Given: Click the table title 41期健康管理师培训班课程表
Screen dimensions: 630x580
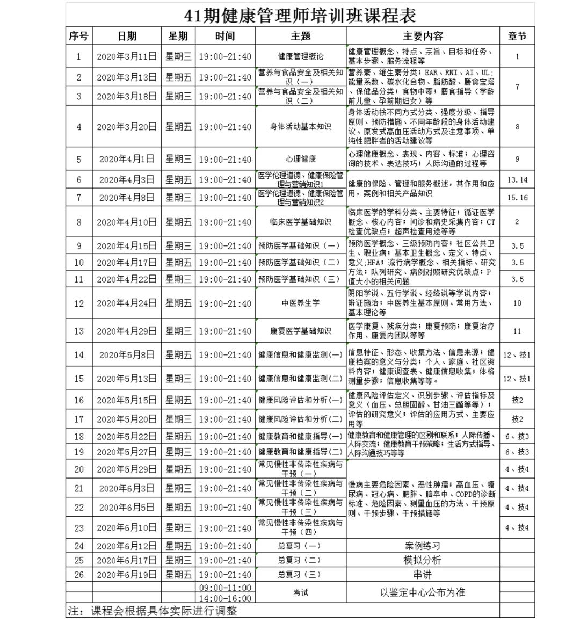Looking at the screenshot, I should (x=300, y=15).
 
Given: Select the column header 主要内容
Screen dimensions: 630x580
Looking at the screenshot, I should (x=423, y=36).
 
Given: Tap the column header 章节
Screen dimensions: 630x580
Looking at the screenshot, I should (x=517, y=36).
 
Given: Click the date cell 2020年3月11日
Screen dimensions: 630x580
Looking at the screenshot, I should (x=127, y=56).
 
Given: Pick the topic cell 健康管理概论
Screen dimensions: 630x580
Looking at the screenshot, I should (x=300, y=56).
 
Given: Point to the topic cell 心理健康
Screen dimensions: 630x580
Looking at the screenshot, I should (x=300, y=159).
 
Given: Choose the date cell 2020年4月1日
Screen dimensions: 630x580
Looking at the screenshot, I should (x=127, y=159).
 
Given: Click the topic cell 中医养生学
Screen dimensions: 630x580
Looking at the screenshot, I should (x=300, y=303).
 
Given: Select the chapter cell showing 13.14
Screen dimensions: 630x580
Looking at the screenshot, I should (x=517, y=180).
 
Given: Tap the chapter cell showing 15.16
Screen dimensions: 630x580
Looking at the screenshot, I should (x=517, y=198).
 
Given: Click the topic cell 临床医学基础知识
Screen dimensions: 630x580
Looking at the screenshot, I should (x=300, y=222).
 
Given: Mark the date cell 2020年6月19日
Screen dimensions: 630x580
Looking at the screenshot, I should (x=127, y=574).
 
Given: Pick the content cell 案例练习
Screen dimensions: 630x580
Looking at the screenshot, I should (x=423, y=546).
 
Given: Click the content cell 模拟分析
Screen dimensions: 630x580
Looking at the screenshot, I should (x=423, y=560).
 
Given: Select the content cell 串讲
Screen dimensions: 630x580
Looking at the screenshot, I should (x=423, y=574).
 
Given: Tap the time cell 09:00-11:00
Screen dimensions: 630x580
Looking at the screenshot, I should (x=225, y=587).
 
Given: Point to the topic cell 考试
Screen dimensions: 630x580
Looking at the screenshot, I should (x=300, y=592).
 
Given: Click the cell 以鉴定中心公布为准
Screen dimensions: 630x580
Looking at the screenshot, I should (x=423, y=592).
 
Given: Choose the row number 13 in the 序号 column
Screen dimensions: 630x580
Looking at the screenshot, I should (x=79, y=331).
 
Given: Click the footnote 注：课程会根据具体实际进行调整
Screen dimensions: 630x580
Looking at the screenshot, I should (x=153, y=611).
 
